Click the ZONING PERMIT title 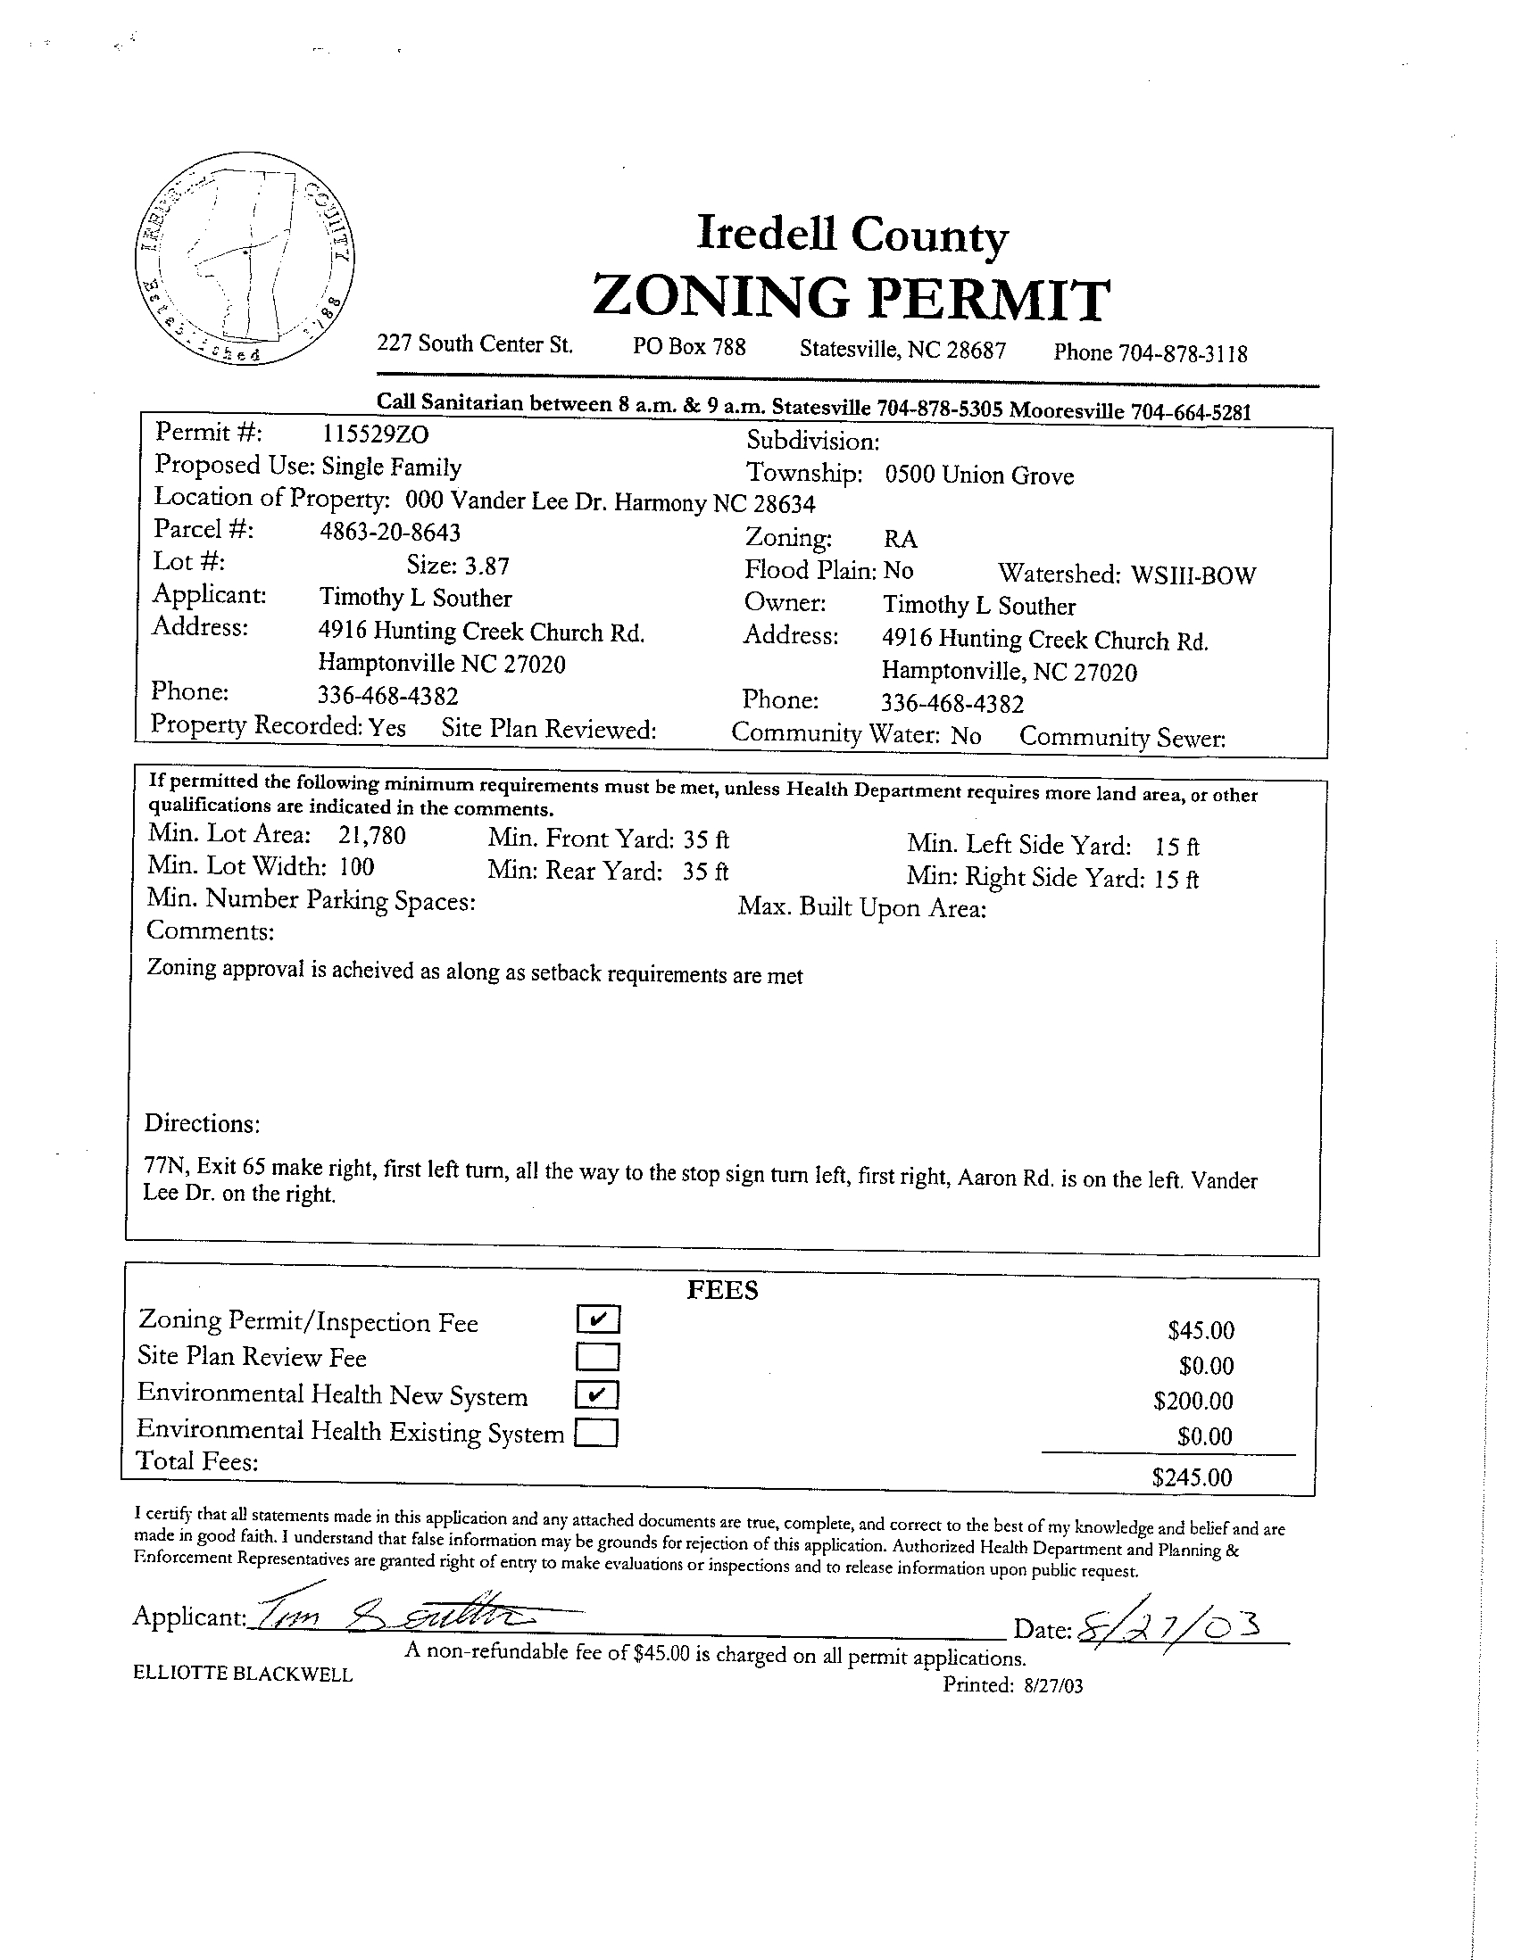pos(851,299)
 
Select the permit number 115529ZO pos(375,434)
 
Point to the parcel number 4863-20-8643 pos(390,533)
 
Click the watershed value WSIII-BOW pos(1193,575)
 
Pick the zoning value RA pos(900,540)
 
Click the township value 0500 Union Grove pos(978,475)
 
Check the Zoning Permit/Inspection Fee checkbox pos(598,1319)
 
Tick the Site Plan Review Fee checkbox pos(598,1355)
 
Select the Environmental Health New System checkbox pos(598,1394)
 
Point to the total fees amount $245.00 pos(1192,1477)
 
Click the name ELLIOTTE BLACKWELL pos(243,1674)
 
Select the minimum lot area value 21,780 pos(371,836)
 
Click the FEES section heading pos(722,1290)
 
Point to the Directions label pos(202,1123)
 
